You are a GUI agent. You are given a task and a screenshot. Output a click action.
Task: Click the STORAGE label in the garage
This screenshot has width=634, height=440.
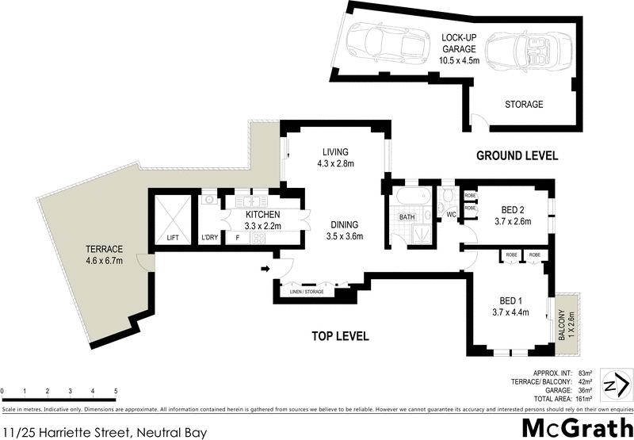(524, 105)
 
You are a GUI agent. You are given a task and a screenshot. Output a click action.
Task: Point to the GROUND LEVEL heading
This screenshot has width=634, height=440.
(517, 155)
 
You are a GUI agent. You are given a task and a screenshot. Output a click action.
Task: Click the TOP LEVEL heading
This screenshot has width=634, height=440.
(339, 336)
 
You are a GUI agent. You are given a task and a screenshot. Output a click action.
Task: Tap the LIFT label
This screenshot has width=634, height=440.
(173, 238)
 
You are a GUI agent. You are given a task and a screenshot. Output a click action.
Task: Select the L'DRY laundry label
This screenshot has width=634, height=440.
(210, 238)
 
